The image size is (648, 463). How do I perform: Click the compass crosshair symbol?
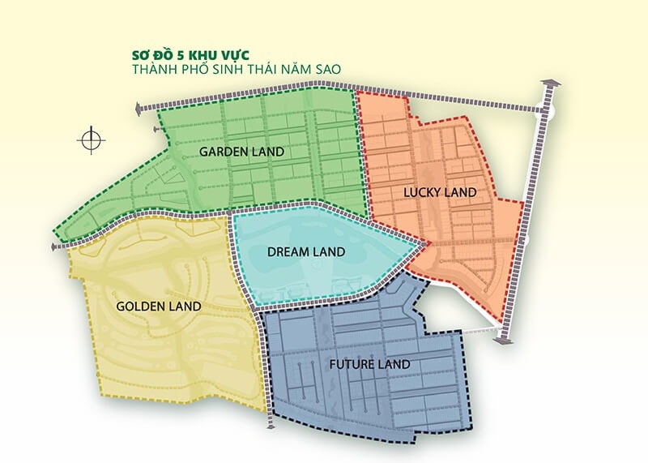[92, 140]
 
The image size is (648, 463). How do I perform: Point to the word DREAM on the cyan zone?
[286, 252]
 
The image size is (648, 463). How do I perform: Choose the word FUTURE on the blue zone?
[351, 364]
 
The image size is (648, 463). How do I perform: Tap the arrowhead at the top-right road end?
[550, 84]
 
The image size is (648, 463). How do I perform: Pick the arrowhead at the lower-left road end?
[55, 246]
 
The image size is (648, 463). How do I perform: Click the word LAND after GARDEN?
[268, 152]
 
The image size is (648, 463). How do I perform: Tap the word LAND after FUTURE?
[394, 364]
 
